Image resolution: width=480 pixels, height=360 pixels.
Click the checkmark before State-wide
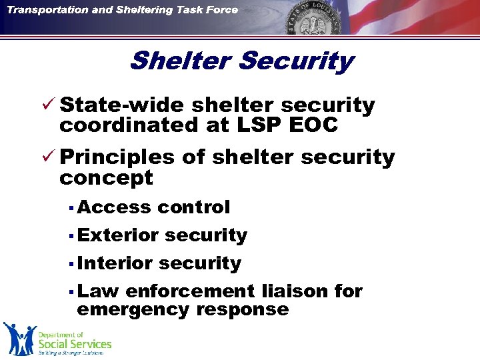(48, 105)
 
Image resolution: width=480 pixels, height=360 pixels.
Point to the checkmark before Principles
(48, 157)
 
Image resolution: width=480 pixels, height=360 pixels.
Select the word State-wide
(122, 105)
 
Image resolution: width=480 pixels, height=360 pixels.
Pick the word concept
(106, 178)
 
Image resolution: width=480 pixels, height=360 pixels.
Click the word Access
(114, 207)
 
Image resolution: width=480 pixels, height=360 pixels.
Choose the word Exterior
(117, 235)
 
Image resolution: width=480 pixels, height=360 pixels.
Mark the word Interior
(115, 263)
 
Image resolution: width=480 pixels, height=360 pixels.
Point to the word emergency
(133, 309)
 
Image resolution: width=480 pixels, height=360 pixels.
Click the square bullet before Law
(70, 291)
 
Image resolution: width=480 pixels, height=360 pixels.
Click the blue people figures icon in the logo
(19, 338)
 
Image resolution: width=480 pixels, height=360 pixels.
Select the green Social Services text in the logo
(75, 344)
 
